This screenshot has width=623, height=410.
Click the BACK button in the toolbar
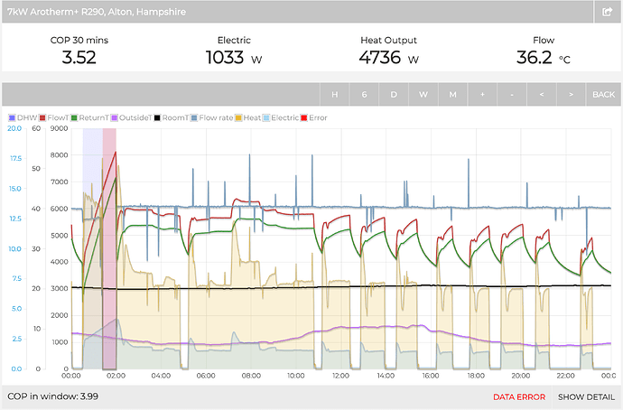point(602,95)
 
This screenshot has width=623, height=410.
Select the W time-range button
point(423,95)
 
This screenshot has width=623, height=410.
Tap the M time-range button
point(452,95)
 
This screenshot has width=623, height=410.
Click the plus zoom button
point(481,95)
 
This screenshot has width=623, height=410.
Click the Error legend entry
point(315,117)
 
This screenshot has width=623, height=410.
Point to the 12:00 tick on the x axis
point(341,375)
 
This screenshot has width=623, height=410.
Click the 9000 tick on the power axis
point(60,128)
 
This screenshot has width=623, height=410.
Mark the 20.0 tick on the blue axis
point(14,128)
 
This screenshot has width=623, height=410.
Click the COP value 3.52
point(79,59)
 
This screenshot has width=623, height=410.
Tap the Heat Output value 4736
point(383,59)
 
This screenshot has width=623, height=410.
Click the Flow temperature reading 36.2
point(536,59)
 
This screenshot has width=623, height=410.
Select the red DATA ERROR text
point(518,396)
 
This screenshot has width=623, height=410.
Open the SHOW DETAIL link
point(585,396)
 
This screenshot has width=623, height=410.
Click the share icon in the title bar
point(608,12)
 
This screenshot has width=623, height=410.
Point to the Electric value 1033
point(228,59)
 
